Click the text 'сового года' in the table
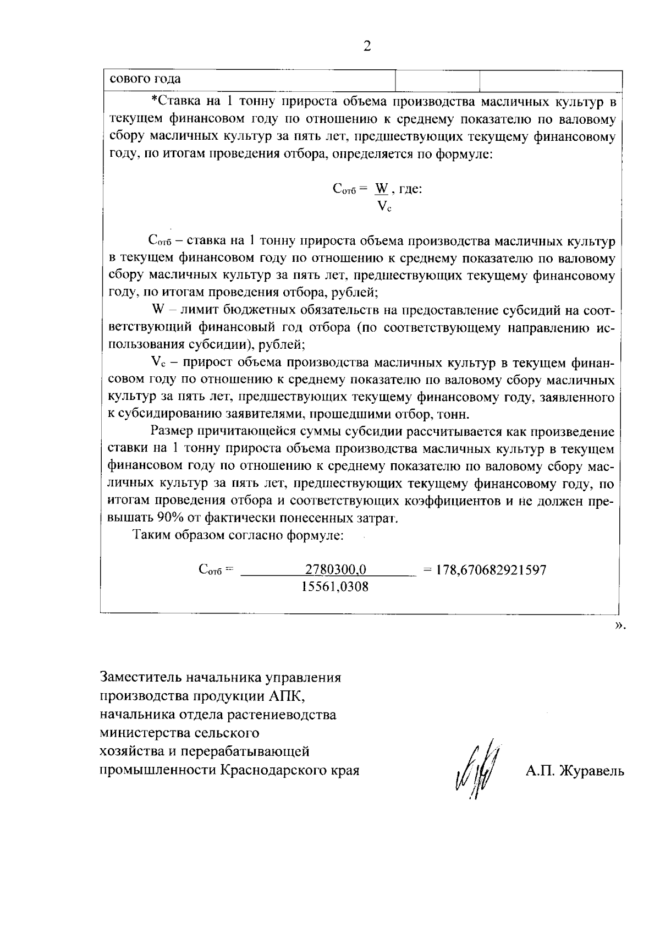[145, 79]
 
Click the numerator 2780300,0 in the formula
[335, 569]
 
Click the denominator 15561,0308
[335, 587]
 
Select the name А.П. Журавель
[574, 771]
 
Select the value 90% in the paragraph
[171, 518]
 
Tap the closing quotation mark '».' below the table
[620, 625]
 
